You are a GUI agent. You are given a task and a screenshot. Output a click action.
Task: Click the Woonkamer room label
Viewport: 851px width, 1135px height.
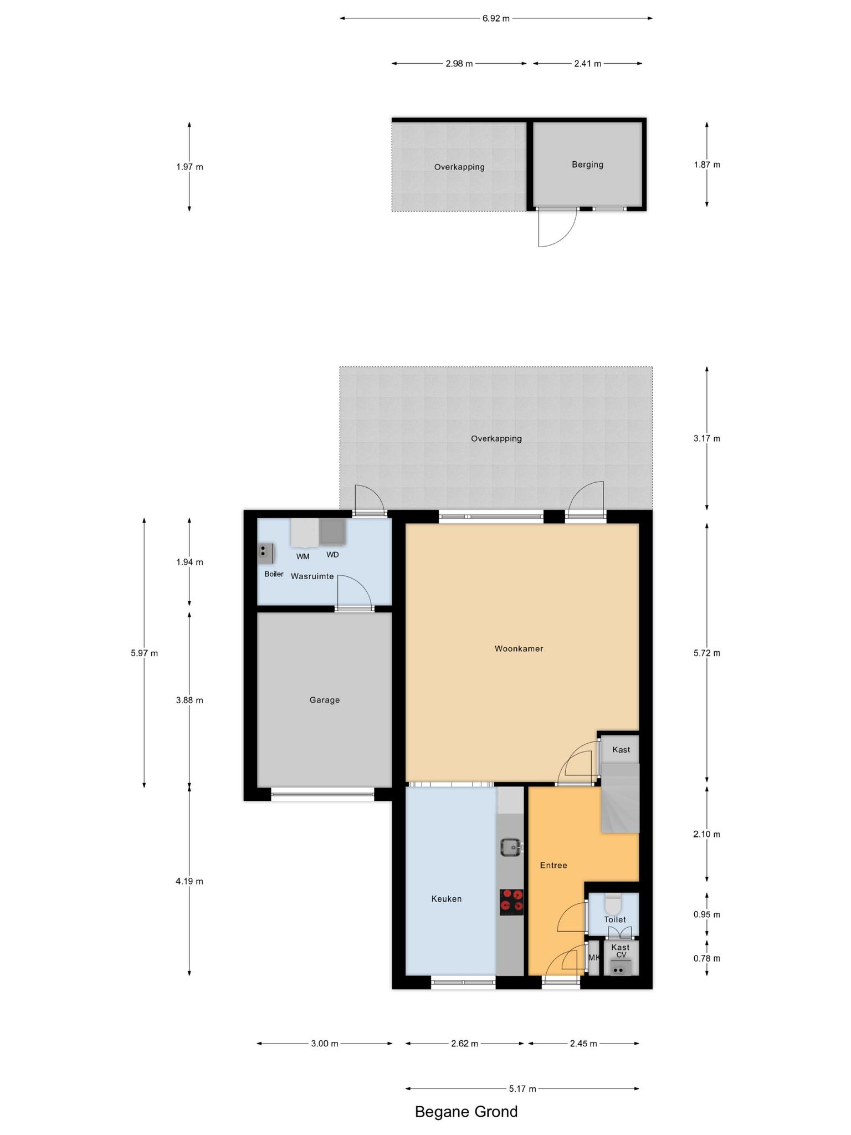coord(519,648)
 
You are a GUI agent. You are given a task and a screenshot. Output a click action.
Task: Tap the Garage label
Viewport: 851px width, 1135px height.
coord(325,700)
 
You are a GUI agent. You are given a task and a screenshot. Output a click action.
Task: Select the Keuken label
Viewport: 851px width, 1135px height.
coord(447,899)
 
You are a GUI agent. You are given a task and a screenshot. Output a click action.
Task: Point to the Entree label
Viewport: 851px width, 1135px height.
coord(553,865)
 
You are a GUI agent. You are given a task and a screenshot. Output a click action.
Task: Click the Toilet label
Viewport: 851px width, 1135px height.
coord(615,919)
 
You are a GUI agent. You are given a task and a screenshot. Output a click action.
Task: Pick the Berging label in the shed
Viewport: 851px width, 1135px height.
coord(587,165)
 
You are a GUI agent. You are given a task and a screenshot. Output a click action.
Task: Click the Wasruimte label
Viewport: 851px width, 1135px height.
coord(312,576)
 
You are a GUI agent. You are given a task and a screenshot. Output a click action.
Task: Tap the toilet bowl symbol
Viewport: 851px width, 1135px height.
coord(613,904)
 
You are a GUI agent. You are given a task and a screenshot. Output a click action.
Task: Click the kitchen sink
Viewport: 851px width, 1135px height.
coord(509,847)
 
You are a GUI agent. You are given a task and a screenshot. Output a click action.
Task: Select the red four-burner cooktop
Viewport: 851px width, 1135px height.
coord(511,902)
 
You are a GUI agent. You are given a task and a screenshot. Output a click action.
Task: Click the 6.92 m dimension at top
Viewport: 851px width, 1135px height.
coord(496,18)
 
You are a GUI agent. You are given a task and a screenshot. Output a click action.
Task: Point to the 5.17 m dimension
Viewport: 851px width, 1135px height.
coord(522,1089)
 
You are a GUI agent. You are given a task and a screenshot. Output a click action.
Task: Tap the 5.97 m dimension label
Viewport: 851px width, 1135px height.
coord(144,653)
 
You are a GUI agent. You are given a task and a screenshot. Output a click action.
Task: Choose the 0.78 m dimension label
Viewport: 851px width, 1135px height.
coord(706,958)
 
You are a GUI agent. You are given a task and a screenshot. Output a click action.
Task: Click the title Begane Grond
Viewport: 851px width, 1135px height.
coord(466,1112)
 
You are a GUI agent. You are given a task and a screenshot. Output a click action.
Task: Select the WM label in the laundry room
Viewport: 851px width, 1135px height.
coord(303,556)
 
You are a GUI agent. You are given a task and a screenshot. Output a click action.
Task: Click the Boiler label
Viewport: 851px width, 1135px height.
coord(274,574)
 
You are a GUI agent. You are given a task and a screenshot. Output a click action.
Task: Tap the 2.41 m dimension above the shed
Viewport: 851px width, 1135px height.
coord(587,64)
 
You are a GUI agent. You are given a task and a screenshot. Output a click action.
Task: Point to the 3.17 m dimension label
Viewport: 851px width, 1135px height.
coord(706,438)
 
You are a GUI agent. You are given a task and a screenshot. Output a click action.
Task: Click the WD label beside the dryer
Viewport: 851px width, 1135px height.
coord(332,555)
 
